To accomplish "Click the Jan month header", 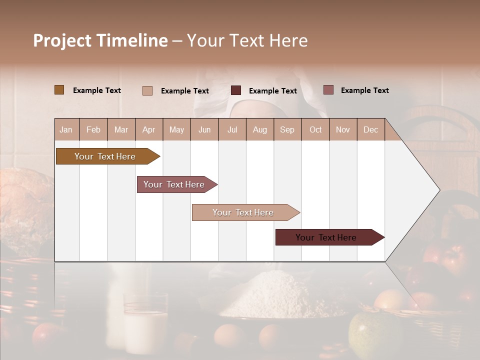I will coord(66,129).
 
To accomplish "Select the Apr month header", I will coord(148,129).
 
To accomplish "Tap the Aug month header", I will coord(259,129).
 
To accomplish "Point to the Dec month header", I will coord(370,129).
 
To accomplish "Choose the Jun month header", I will coord(204,129).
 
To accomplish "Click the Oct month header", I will coord(315,129).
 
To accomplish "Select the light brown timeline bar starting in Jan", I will coord(105,156).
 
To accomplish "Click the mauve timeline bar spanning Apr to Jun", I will coord(174,184).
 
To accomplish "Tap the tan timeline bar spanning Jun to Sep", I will coord(243,212).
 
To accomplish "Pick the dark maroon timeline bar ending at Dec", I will coord(326,237).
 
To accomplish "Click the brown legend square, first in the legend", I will coord(59,90).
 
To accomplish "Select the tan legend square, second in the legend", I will coord(147,90).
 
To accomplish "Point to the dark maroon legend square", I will coord(236,90).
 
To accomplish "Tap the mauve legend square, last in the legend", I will coord(328,90).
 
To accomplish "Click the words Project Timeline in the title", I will coord(100,40).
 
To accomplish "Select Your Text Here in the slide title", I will coord(247,40).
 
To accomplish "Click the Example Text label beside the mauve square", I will coord(364,90).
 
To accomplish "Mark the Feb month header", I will coord(93,129).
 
